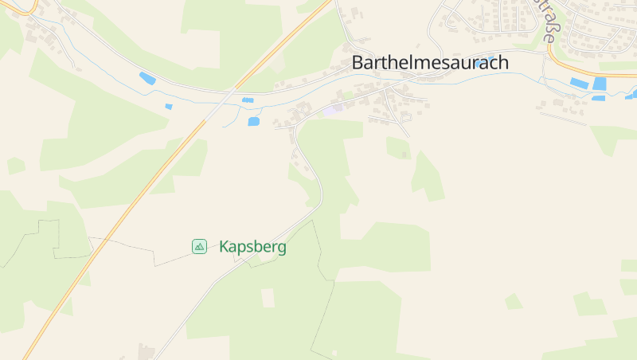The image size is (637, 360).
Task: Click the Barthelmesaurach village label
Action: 430,63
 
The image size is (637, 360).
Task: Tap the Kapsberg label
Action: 252,247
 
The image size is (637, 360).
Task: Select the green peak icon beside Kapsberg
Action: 199,247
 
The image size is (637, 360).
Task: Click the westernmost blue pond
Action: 147,78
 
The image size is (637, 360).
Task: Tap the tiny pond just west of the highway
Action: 169,106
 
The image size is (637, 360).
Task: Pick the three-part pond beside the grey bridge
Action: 248,100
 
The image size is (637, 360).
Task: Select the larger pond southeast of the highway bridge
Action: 254,122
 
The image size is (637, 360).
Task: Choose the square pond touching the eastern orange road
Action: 600,83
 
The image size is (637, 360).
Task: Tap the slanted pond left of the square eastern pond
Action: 579,83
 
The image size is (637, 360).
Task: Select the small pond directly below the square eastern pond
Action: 598,98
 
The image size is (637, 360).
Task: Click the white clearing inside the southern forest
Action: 268,298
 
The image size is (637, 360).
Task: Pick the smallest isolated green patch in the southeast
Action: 514,301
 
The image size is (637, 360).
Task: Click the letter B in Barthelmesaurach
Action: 358,63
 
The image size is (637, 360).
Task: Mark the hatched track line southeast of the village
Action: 562,118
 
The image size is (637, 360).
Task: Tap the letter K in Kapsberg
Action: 224,247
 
